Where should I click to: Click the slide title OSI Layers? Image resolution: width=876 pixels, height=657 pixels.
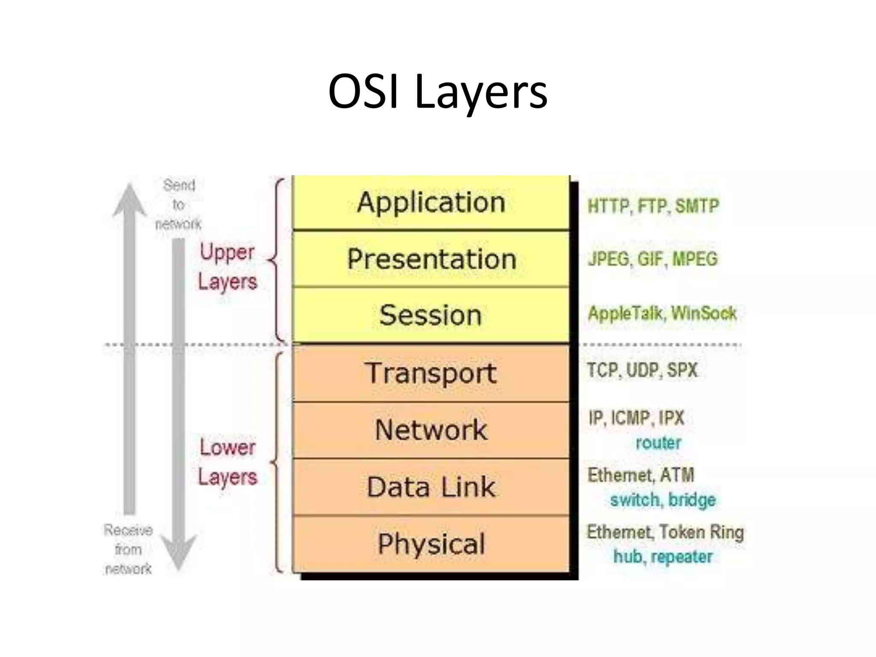tap(438, 92)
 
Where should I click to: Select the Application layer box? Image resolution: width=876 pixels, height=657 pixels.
tap(431, 202)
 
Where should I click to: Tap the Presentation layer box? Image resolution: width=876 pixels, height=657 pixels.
tap(431, 259)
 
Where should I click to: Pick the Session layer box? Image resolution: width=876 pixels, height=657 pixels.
tap(431, 315)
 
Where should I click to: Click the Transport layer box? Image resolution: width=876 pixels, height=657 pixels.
tap(431, 373)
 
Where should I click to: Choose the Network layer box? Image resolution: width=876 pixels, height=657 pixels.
tap(431, 430)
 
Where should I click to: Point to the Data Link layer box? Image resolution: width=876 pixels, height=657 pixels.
tap(431, 487)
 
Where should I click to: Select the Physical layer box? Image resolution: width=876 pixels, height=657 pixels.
tap(431, 544)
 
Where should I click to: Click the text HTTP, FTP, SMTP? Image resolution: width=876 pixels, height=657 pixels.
tap(653, 206)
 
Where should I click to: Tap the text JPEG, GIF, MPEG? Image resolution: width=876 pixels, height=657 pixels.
tap(652, 259)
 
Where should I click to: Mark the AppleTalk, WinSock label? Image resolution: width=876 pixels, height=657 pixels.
tap(662, 314)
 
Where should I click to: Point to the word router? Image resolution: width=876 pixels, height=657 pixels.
tap(658, 443)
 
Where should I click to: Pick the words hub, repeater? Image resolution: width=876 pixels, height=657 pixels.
tap(663, 557)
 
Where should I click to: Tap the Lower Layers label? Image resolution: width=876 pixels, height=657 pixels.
tap(228, 462)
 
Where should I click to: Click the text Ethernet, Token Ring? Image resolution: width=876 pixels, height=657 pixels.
tap(665, 533)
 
